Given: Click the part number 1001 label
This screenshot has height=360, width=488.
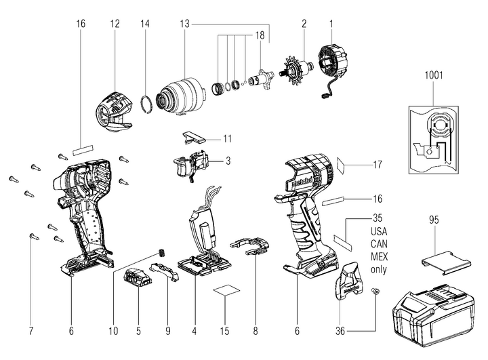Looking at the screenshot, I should [434, 75].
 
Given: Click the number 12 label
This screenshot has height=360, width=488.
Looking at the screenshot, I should [114, 24].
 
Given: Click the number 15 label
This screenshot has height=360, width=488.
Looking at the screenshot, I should [226, 332].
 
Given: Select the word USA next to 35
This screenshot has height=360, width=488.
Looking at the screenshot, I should [378, 231].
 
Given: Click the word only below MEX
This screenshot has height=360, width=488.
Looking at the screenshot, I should [378, 268].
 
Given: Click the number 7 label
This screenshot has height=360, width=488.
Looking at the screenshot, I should [32, 332].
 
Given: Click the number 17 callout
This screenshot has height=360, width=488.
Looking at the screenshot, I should [378, 164].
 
